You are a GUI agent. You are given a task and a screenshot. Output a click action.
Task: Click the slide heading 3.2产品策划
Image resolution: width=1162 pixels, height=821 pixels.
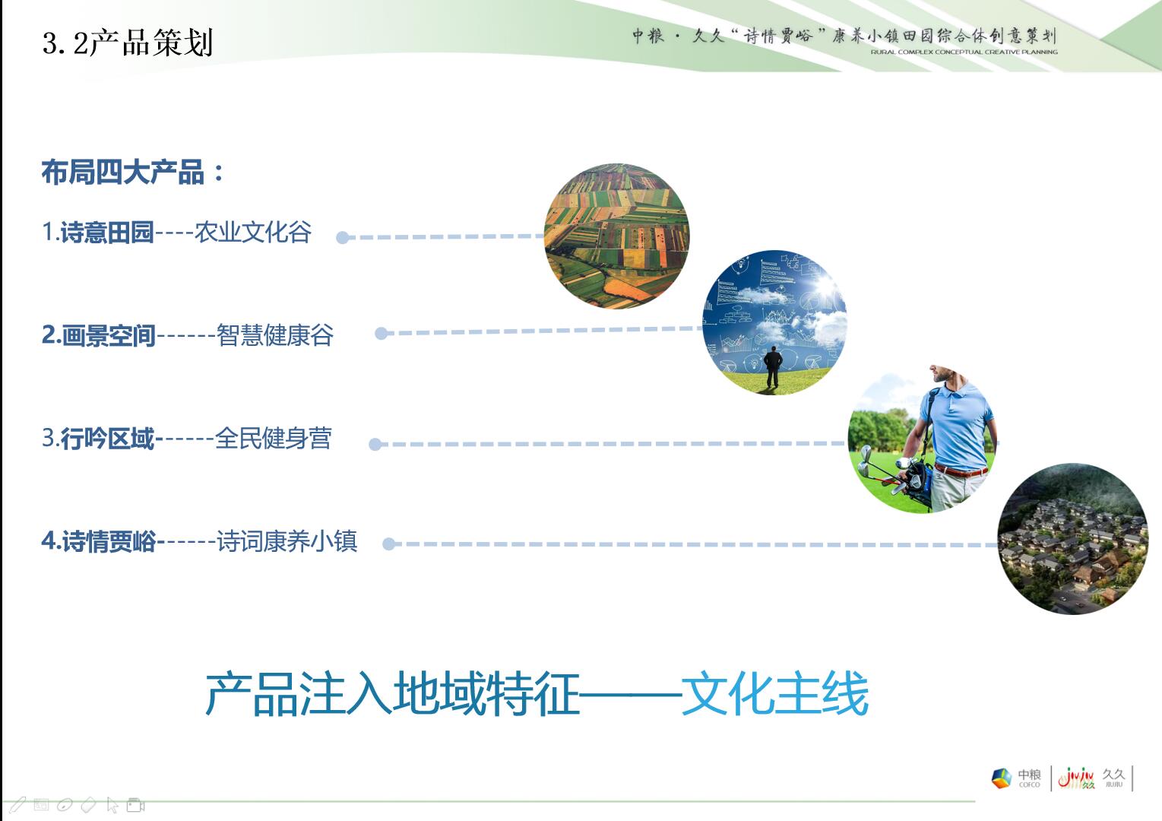coord(128,42)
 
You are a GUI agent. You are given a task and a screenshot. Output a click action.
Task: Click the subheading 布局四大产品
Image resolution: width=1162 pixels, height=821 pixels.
coord(123,173)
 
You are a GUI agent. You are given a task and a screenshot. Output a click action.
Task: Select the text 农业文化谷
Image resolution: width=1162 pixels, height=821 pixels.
coord(252,232)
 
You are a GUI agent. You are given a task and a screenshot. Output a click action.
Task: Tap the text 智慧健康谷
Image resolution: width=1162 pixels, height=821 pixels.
coord(275,335)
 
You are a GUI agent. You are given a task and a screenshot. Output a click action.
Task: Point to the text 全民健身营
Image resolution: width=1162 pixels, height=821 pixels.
coord(274,439)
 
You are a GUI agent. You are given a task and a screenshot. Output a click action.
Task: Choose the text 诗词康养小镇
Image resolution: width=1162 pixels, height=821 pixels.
coord(287,541)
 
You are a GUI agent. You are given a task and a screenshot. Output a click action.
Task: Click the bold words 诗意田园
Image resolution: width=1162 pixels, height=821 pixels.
coord(107,232)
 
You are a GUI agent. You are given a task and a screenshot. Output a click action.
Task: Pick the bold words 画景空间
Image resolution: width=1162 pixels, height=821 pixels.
coord(109,335)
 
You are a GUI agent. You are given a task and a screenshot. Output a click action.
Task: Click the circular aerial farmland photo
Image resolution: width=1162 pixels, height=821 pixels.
coord(617,236)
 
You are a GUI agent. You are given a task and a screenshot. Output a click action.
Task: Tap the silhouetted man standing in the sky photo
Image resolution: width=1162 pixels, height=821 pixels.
coord(773,366)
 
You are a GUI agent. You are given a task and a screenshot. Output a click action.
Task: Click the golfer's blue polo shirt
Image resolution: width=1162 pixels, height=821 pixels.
coord(956,426)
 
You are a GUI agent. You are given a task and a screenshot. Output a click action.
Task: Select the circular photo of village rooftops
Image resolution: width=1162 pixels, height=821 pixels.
coord(1073,539)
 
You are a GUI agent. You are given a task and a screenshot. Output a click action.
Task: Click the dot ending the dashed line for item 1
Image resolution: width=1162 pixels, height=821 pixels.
coord(343,238)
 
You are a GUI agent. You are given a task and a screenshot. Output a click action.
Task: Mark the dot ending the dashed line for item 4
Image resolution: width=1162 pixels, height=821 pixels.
coord(388,544)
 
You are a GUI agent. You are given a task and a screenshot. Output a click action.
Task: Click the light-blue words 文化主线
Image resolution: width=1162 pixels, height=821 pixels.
coord(775,694)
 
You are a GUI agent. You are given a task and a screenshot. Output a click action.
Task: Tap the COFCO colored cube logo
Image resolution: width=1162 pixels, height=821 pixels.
coord(1002,778)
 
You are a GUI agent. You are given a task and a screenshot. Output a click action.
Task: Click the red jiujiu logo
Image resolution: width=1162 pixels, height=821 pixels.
coord(1077,778)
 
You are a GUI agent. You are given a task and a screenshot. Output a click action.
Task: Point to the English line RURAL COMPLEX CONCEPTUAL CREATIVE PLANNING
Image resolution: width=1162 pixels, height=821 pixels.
coord(964,52)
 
